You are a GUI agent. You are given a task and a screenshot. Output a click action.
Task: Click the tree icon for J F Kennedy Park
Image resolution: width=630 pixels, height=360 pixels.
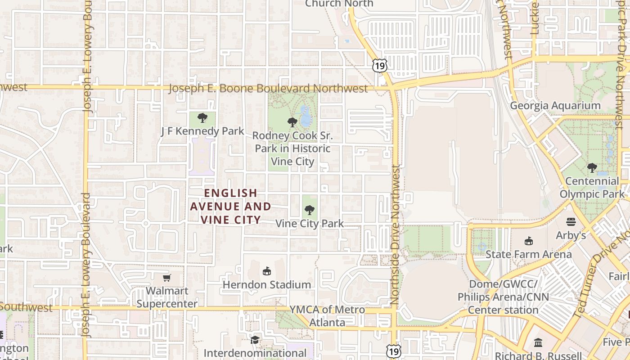coord(202,118)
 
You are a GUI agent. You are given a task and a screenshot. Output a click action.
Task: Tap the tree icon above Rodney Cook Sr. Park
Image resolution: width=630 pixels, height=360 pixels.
coord(292,122)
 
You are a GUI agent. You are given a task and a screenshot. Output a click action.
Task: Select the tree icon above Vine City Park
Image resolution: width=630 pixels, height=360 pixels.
coord(309,210)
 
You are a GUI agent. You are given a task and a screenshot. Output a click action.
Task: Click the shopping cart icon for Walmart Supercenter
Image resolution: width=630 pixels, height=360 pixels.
coord(167,278)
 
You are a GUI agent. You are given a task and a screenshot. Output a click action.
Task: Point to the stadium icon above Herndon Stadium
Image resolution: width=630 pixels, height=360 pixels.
coord(267,271)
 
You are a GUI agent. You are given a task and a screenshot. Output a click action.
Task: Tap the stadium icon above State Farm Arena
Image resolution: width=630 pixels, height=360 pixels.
coord(528,241)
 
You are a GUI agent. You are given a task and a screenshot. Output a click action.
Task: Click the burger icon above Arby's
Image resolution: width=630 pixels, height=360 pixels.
coord(571,221)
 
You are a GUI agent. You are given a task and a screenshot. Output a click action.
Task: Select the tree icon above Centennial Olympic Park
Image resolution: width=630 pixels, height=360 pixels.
coord(592,168)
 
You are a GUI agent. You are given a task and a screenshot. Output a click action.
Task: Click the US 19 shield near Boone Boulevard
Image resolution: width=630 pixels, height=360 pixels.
coord(379,66)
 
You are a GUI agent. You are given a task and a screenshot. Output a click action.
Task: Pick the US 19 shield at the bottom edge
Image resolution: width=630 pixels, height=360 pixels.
coord(394,351)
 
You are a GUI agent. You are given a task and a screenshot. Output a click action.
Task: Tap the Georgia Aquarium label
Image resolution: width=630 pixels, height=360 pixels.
coord(555,106)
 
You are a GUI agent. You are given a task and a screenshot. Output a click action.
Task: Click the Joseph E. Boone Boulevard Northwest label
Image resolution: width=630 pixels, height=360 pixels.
coord(268,89)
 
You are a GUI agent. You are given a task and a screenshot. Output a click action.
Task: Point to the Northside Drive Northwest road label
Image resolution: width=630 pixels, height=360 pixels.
coord(395,236)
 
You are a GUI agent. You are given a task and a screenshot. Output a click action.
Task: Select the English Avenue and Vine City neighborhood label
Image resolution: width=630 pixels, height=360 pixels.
coord(231,206)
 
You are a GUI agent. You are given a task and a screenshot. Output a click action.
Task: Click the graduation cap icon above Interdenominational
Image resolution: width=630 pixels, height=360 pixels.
coord(255,339)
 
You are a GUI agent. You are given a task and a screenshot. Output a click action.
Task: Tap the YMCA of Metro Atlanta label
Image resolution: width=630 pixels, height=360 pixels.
coord(327,316)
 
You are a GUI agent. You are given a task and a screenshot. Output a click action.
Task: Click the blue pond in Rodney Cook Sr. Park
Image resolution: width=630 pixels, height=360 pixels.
coord(306,117)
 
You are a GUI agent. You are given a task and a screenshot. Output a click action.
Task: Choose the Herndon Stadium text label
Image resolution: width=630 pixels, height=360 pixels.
coord(267,285)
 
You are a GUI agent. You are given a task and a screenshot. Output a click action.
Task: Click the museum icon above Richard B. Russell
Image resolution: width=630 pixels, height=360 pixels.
coord(538,342)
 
